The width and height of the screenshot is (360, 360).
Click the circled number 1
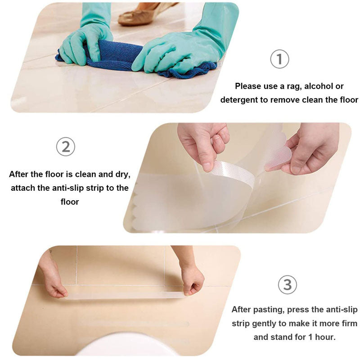click(279, 59)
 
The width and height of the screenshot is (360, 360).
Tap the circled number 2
click(66, 147)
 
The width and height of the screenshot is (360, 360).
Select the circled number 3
click(288, 285)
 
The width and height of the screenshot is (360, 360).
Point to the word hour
click(325, 337)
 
